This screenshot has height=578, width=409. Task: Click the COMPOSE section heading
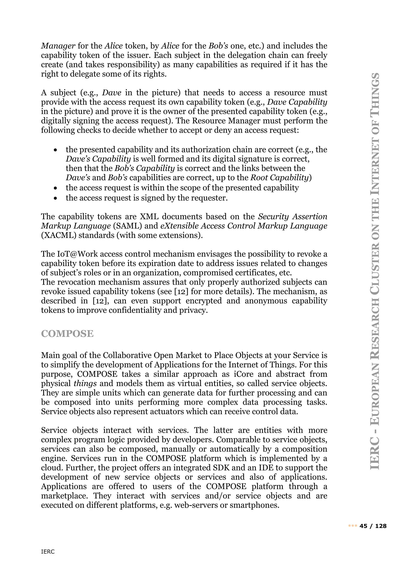(x=67, y=334)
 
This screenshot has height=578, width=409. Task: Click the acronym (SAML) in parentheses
(x=127, y=226)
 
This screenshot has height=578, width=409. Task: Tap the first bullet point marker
(x=55, y=150)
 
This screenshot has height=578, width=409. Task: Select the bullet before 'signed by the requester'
(x=55, y=198)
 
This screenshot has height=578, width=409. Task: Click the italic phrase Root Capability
(x=279, y=178)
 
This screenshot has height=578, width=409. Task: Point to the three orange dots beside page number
(x=353, y=526)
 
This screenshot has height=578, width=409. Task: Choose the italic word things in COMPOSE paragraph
(x=85, y=384)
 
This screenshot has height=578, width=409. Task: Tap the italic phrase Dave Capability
(x=297, y=102)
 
